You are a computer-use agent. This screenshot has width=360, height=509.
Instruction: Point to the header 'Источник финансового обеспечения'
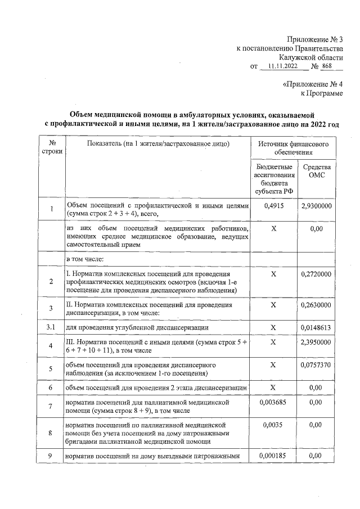click(x=293, y=148)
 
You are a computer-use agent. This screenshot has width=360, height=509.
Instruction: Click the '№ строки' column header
click(x=52, y=148)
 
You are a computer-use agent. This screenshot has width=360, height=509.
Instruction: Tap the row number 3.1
click(x=52, y=327)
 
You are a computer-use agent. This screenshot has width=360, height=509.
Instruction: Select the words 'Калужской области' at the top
click(x=310, y=57)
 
